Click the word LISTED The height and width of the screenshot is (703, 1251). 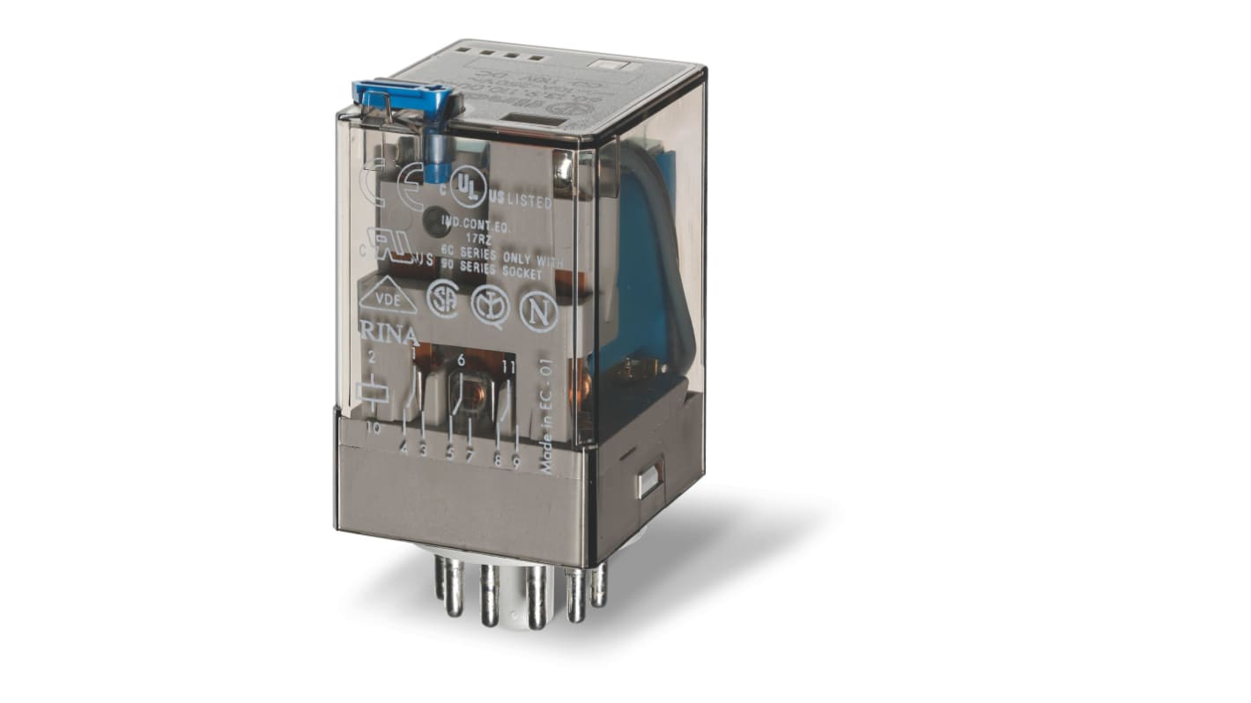tap(529, 203)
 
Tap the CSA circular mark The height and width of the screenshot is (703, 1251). tap(443, 300)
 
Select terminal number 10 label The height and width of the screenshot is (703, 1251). tap(373, 429)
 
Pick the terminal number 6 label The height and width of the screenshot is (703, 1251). tap(461, 360)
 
